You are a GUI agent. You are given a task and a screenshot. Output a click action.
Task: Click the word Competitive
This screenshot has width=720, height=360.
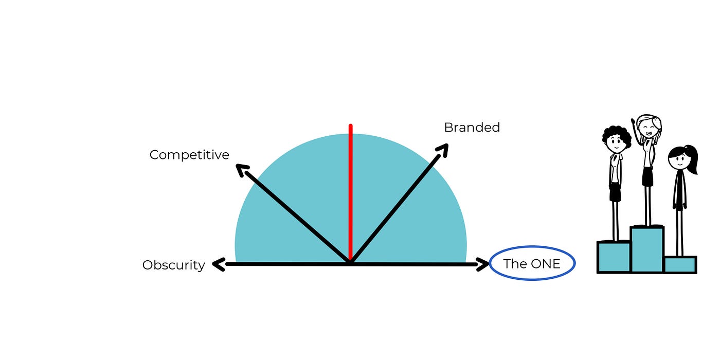pos(189,155)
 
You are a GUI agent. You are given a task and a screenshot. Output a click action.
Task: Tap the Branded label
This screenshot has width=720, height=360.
pos(472,128)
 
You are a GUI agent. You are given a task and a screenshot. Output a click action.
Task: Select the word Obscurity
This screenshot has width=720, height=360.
pos(173,265)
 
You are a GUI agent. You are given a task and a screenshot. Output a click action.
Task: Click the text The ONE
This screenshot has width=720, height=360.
pos(531,264)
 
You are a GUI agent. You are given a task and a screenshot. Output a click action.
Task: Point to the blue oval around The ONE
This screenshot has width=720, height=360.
pos(532,248)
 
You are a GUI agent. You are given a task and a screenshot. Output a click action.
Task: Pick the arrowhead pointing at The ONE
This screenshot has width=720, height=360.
pos(484,265)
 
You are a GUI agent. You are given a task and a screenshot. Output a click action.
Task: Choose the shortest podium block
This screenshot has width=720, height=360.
pos(680,265)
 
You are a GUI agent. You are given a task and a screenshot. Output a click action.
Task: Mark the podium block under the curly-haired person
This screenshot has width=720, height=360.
pos(614,257)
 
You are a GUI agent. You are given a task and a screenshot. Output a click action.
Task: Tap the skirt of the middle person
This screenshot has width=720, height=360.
pos(647,177)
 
